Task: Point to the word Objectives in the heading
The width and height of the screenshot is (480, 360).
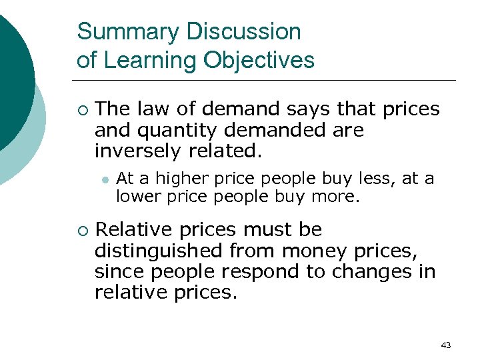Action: [x=259, y=61]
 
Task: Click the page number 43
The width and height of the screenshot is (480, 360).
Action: [x=446, y=345]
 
